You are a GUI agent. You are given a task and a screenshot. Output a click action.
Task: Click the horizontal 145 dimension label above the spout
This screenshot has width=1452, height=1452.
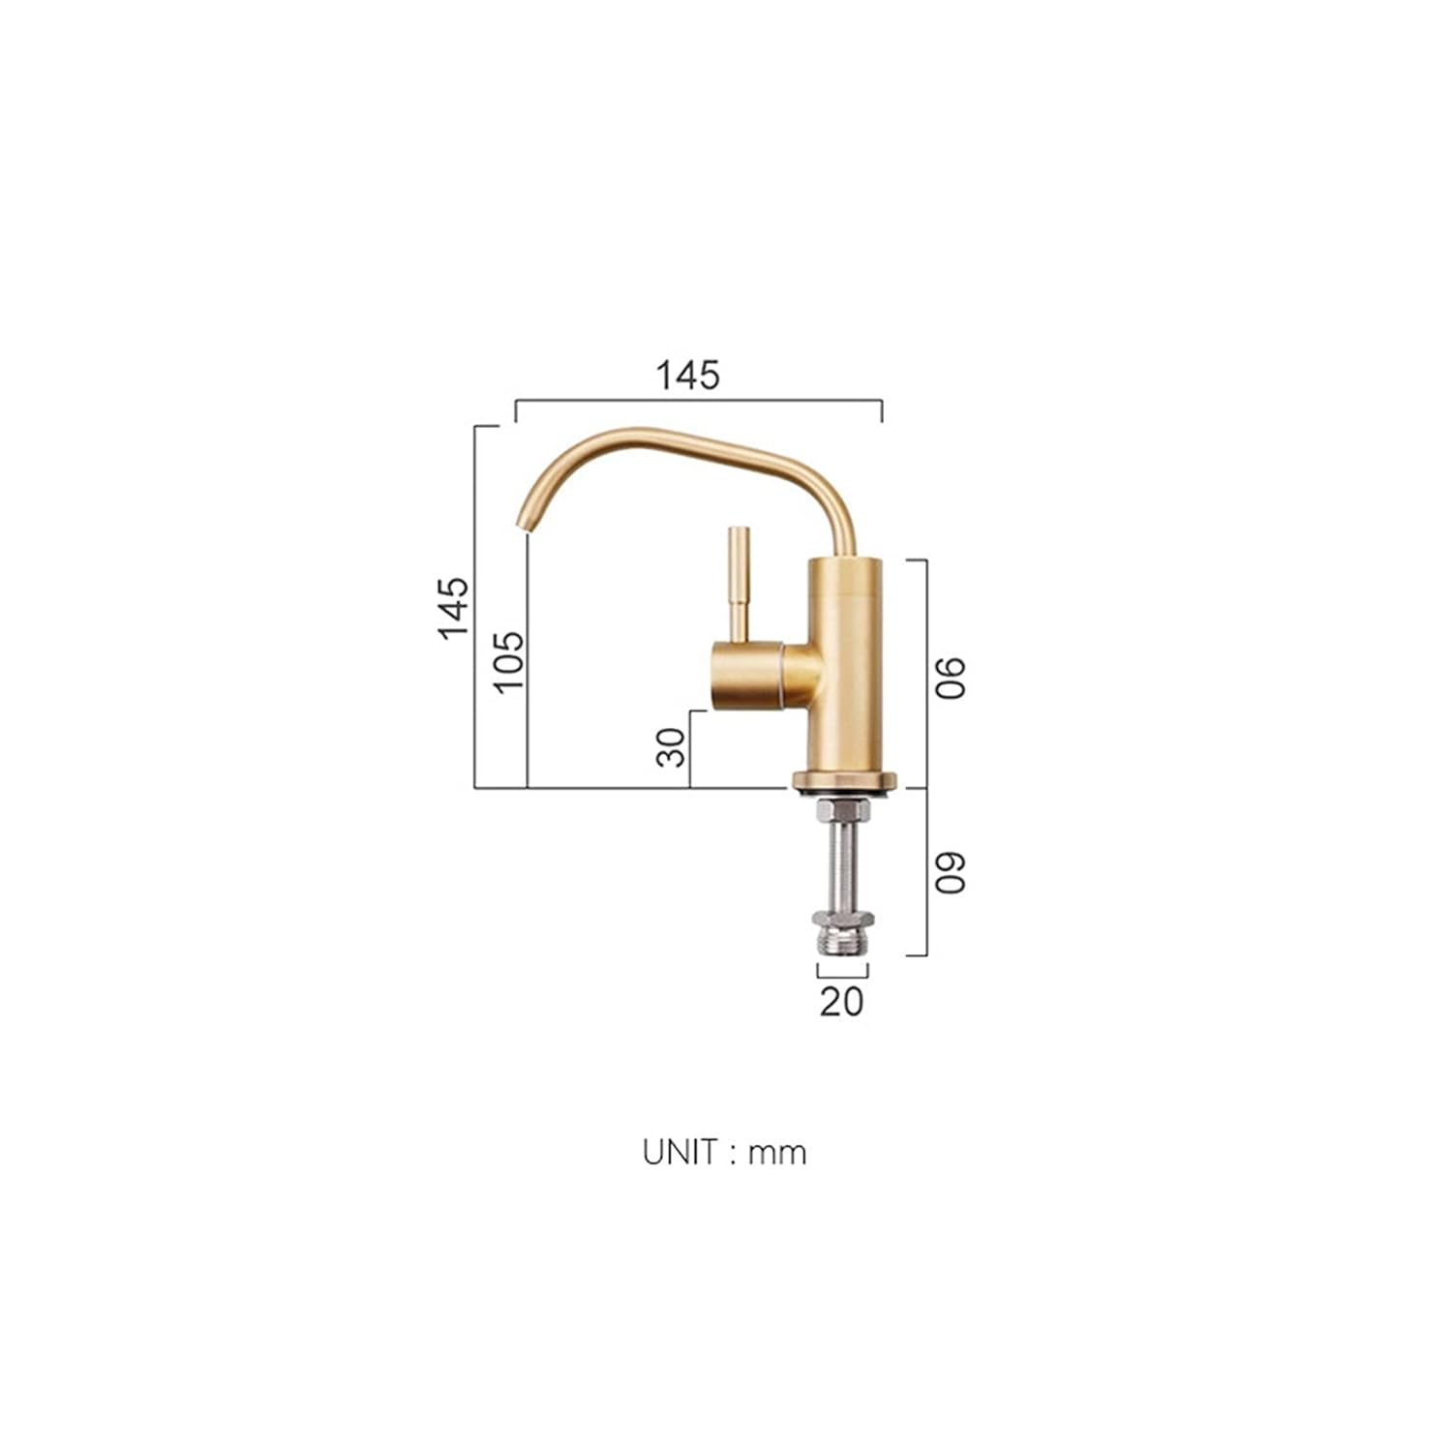[x=688, y=376]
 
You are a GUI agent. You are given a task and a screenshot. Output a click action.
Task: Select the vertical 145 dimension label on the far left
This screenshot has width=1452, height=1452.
[x=453, y=608]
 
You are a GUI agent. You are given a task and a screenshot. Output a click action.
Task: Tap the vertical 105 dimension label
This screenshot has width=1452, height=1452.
[x=509, y=661]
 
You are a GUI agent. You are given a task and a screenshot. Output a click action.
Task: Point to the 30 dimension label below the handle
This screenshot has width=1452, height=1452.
[x=671, y=747]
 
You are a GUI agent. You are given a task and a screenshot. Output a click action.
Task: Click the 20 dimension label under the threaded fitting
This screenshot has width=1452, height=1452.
[x=841, y=1001]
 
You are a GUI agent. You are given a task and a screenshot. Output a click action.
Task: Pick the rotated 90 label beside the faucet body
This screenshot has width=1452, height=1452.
[x=951, y=677]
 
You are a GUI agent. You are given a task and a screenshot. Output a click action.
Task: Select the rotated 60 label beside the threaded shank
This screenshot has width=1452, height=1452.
[x=951, y=872]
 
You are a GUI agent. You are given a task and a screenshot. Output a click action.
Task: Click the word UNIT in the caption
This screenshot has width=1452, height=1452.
[x=681, y=1152]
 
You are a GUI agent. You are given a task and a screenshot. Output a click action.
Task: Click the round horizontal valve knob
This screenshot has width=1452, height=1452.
[x=747, y=675]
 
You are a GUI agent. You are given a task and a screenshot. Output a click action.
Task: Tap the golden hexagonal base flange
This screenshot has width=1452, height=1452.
[x=845, y=779]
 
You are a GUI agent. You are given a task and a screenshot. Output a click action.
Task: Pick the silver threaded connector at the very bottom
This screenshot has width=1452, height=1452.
[x=842, y=937]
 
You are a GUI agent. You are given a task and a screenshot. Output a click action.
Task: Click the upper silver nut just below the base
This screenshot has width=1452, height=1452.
[x=842, y=811]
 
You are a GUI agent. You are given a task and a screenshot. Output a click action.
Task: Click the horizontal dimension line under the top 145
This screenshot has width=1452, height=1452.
[x=698, y=399]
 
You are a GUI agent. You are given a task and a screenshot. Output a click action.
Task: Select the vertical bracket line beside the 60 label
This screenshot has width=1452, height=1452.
[x=926, y=871]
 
